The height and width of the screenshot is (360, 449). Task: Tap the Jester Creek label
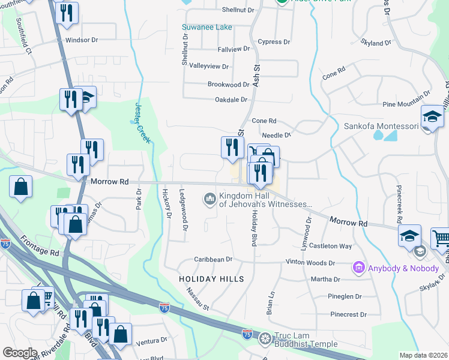(x=139, y=113)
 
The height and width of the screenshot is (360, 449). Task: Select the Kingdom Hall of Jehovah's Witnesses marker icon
(x=209, y=198)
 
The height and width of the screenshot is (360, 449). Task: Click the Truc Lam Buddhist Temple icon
(x=265, y=340)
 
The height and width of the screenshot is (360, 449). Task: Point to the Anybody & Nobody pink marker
(x=359, y=266)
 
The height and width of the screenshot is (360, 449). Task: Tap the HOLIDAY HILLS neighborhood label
(x=212, y=279)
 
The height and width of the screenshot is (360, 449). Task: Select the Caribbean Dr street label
(x=212, y=259)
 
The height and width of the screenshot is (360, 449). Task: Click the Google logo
(x=20, y=353)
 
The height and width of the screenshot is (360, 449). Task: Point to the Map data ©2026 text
(x=424, y=355)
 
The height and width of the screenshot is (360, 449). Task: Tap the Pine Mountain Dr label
(x=406, y=94)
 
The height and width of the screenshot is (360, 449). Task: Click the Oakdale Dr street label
(x=231, y=100)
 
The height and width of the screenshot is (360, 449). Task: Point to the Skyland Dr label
(x=375, y=43)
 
